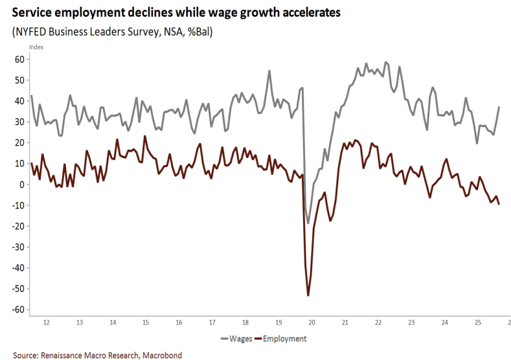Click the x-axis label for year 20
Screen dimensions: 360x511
click(x=312, y=322)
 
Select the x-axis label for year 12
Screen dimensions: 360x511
click(x=45, y=322)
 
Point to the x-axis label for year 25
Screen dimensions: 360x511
click(x=478, y=322)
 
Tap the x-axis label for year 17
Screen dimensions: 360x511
click(x=212, y=322)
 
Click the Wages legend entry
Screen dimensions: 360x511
click(x=236, y=339)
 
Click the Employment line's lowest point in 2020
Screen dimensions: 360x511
click(x=308, y=295)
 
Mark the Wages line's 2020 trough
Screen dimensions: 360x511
click(x=308, y=223)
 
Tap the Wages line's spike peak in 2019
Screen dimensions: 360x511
click(x=269, y=71)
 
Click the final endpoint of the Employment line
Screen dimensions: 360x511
click(x=499, y=204)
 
